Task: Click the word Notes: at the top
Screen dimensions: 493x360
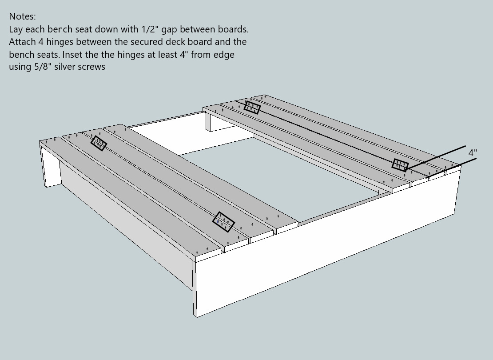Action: pos(22,16)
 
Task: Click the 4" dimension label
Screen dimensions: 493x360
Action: pos(473,153)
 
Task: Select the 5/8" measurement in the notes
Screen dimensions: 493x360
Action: pos(42,67)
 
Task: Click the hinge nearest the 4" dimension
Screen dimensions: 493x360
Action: pos(400,165)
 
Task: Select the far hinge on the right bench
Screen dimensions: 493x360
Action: pos(252,107)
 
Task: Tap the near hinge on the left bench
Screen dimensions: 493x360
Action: pos(223,222)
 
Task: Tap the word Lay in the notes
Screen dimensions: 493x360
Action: pos(16,29)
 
